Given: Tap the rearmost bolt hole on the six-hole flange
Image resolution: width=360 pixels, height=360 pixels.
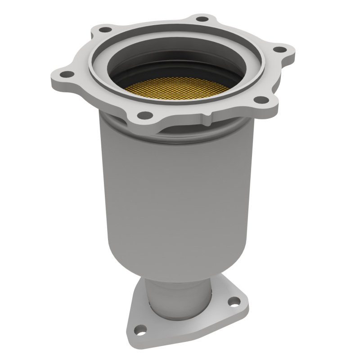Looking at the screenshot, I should tap(203, 19).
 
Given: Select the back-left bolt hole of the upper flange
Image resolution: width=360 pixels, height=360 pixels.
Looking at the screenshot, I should tap(105, 30).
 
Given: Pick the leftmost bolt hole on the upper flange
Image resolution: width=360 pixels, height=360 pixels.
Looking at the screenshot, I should tap(66, 74).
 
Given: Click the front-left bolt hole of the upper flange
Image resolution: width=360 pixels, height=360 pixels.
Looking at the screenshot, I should tap(144, 115).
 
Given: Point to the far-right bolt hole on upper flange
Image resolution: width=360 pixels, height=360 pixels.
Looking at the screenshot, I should tap(279, 49).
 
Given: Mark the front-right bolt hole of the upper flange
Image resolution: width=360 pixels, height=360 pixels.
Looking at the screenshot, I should tap(260, 99).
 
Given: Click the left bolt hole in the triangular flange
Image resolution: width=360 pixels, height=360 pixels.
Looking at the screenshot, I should tap(141, 329).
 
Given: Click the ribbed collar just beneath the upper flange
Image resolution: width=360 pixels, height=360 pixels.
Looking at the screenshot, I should tap(135, 130).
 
